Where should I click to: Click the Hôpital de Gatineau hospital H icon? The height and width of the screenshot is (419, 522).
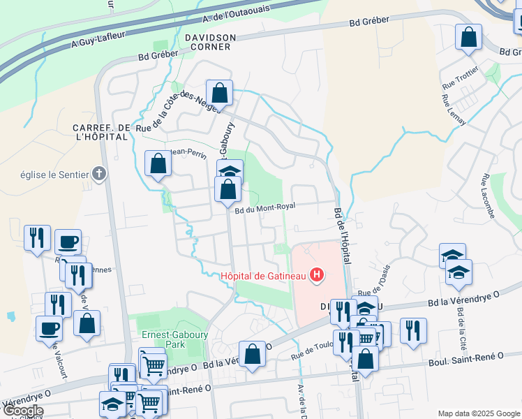tap(317, 275)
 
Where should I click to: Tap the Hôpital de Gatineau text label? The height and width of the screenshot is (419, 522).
tap(264, 275)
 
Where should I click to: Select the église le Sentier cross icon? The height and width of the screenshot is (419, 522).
tap(99, 174)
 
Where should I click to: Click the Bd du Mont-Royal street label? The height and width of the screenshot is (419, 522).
tap(264, 207)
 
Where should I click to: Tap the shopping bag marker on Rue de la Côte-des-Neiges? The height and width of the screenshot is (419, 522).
tap(219, 92)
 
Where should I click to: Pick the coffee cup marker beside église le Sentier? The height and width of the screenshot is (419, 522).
tap(68, 242)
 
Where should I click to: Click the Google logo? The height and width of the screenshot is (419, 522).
tap(22, 411)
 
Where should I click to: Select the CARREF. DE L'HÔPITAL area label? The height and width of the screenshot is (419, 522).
tap(101, 132)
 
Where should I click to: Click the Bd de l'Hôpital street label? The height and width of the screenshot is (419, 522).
tap(342, 235)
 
